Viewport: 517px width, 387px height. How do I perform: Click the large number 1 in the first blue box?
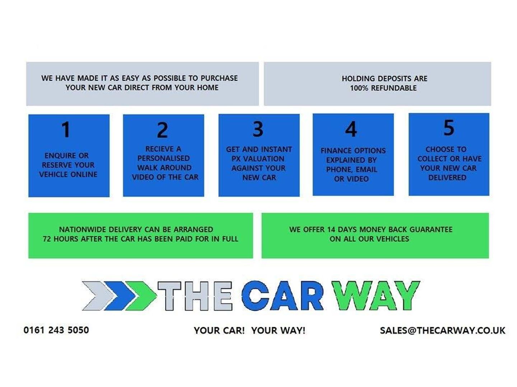click(66, 129)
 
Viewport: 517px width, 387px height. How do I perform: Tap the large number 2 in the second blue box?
click(162, 130)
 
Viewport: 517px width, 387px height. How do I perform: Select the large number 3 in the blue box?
click(258, 129)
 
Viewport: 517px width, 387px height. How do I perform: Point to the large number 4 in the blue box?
click(351, 129)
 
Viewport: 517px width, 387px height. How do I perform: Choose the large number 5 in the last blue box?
click(449, 128)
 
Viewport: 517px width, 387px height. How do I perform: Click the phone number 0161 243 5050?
click(56, 330)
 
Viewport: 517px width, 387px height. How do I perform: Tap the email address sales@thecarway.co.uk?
click(442, 330)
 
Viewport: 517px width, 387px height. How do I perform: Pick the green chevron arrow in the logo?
click(142, 296)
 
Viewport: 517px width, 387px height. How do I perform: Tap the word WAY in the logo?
click(376, 296)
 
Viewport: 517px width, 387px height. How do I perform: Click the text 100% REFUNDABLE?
click(383, 88)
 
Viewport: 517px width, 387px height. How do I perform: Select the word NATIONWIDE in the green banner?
click(83, 230)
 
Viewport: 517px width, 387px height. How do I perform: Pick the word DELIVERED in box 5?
click(447, 178)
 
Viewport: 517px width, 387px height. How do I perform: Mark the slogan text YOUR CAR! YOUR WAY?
click(250, 330)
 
